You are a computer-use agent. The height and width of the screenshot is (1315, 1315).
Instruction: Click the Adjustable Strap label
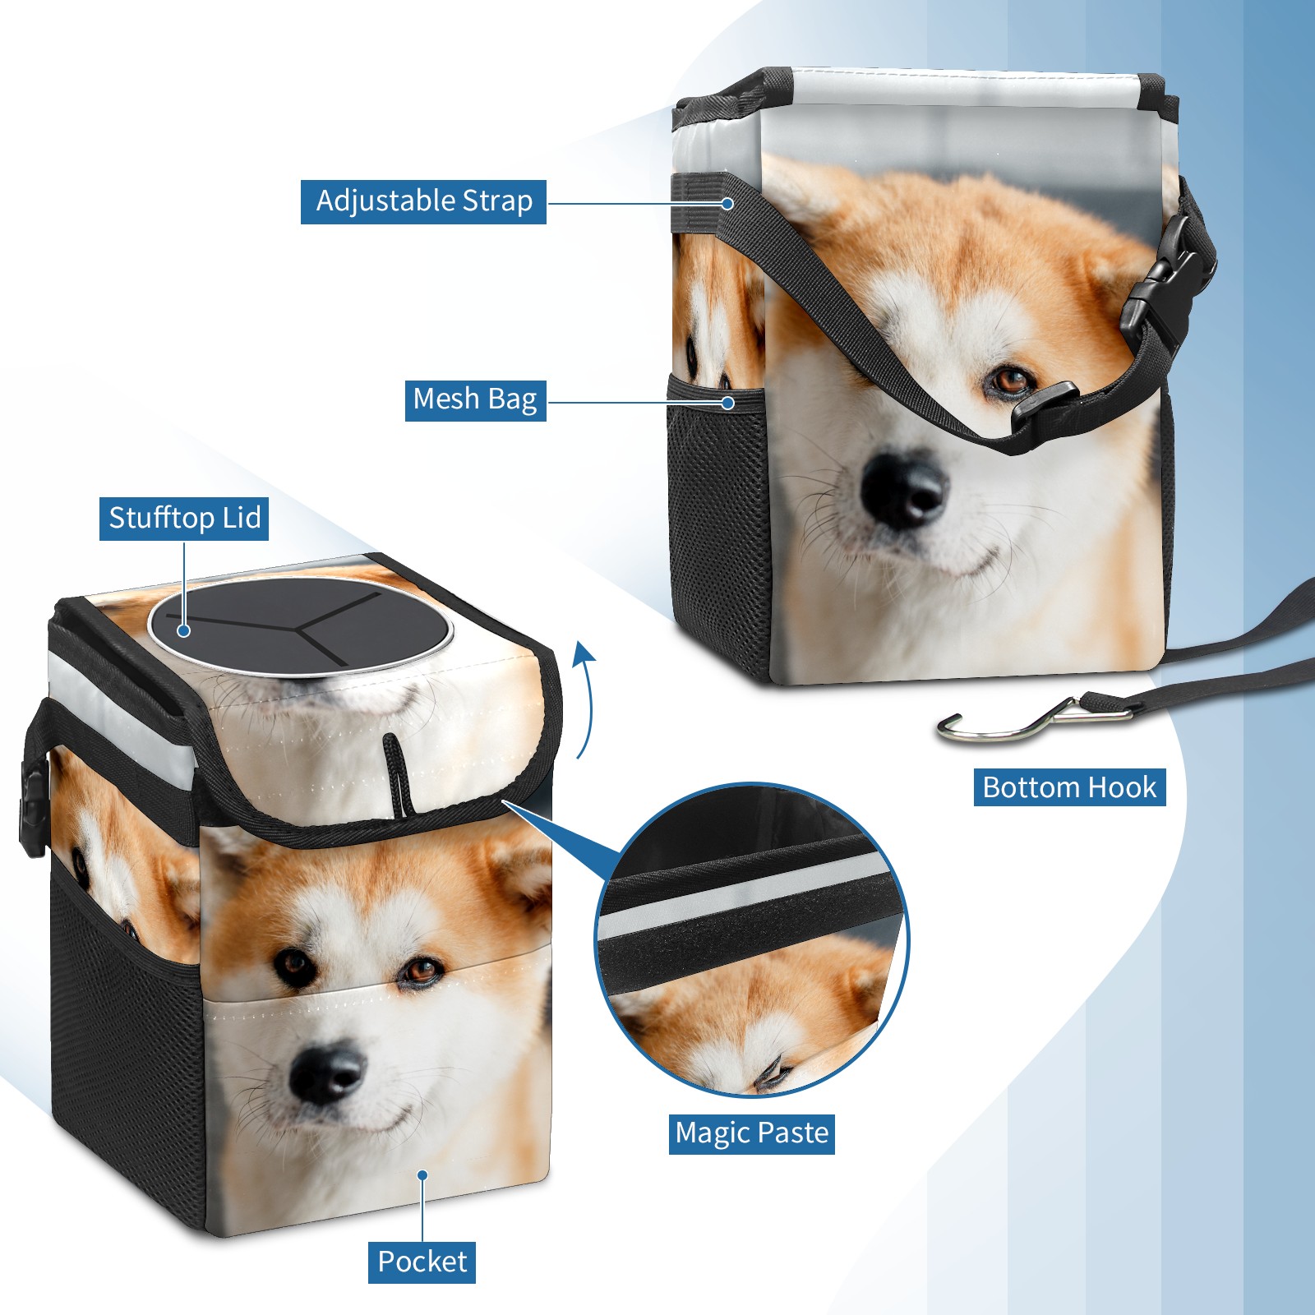[x=423, y=201]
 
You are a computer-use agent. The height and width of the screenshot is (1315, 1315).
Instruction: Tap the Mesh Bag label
[x=475, y=399]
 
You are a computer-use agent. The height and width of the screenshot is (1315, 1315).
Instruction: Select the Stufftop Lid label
[x=184, y=519]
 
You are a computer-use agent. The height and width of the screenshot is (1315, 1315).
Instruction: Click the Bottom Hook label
[x=1069, y=787]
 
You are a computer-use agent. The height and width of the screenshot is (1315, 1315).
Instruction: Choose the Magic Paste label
[x=752, y=1133]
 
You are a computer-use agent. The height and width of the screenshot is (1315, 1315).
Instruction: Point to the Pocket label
[x=422, y=1262]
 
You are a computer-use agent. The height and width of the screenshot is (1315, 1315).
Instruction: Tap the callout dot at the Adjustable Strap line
[x=727, y=203]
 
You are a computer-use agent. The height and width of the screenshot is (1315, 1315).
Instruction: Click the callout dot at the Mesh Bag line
[x=727, y=403]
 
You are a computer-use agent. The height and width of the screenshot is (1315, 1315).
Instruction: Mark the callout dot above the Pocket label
[x=422, y=1175]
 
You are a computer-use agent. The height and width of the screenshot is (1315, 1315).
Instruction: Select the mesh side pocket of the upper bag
[x=719, y=526]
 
